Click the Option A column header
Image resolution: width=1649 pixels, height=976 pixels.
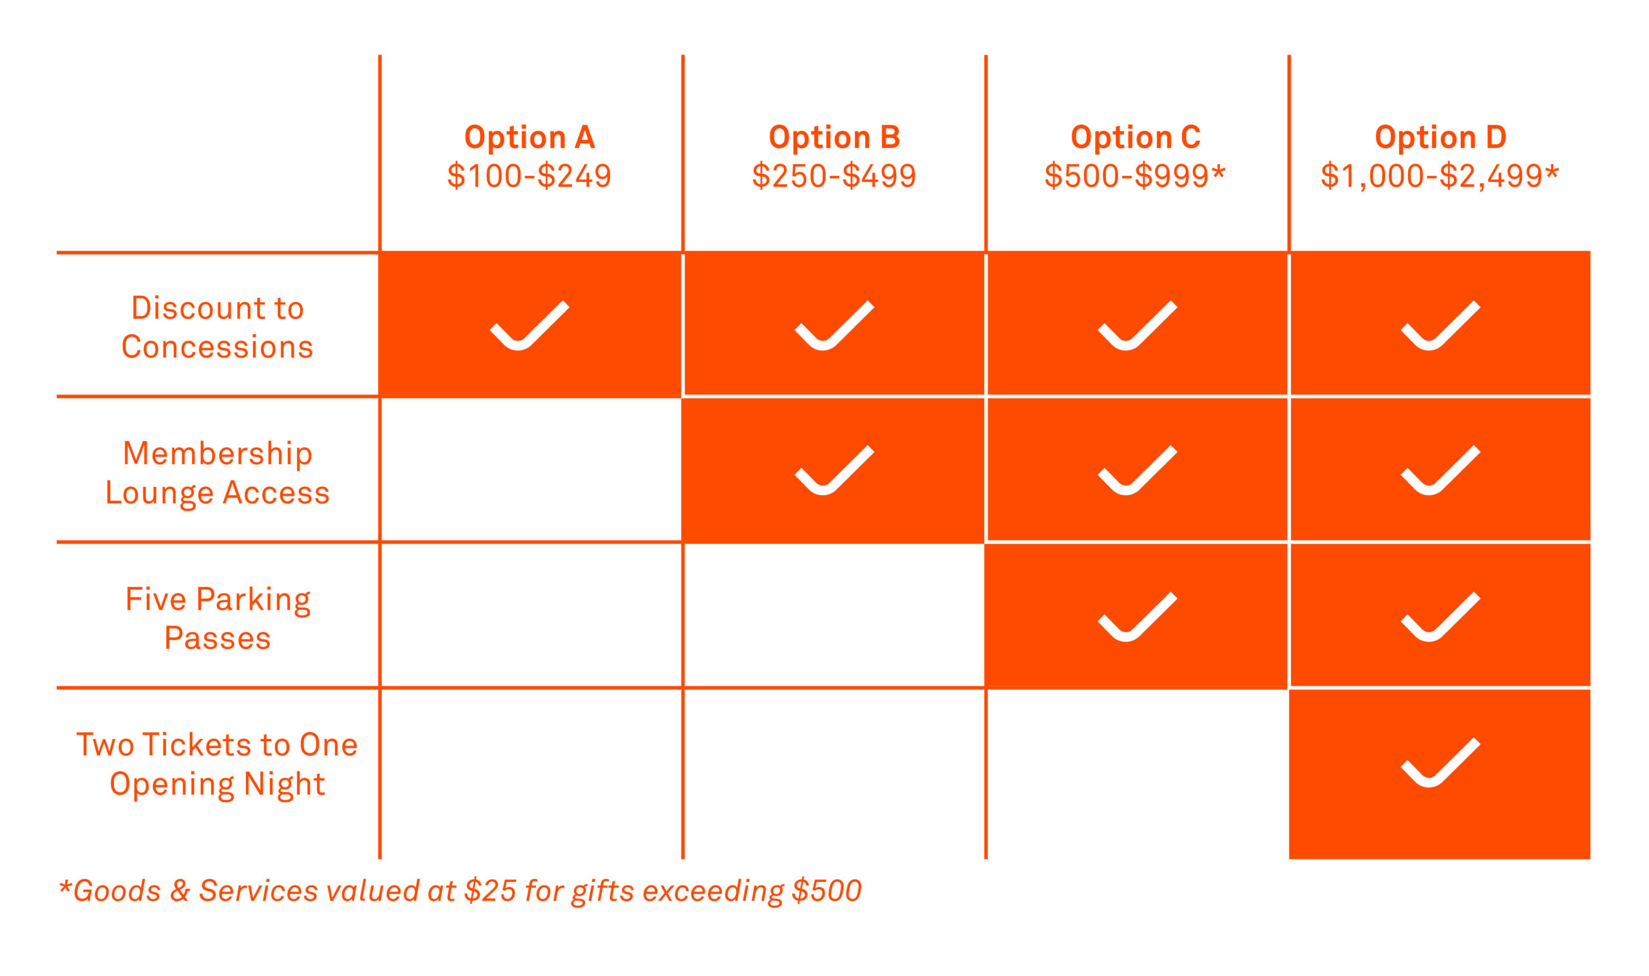pos(529,138)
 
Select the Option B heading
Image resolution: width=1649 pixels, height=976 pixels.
pos(834,138)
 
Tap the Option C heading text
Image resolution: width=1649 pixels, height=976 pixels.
pos(1136,138)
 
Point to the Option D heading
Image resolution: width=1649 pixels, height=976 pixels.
pos(1440,138)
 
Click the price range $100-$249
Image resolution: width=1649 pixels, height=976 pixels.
pos(529,176)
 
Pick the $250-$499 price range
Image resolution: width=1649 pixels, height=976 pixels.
pos(834,176)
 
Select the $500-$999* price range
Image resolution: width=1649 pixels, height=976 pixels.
pos(1135,176)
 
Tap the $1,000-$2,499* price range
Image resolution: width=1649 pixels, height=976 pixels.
pos(1440,176)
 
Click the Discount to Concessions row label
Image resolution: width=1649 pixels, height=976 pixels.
pos(217,327)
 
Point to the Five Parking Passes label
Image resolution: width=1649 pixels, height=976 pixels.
pos(217,618)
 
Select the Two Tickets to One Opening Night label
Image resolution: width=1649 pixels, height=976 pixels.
pos(217,764)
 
